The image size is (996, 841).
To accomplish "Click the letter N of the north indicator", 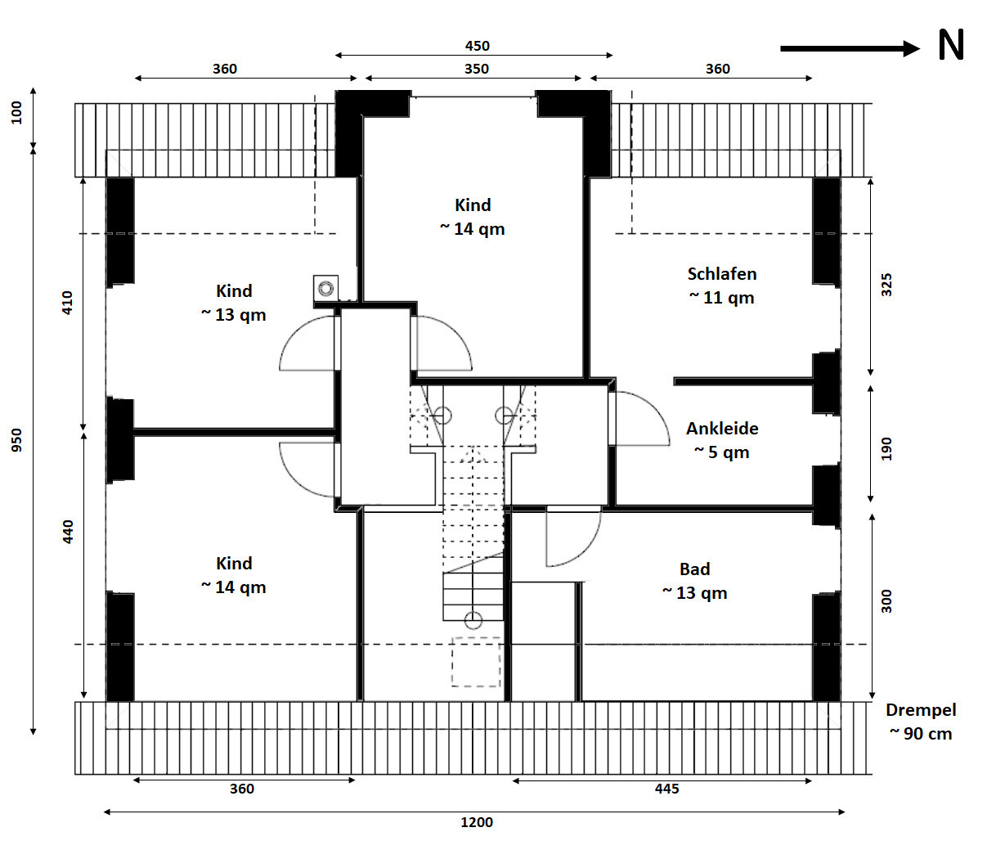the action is click(x=951, y=45).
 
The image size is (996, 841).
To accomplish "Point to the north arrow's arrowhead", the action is click(x=911, y=49).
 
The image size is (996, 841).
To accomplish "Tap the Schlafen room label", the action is click(x=722, y=274).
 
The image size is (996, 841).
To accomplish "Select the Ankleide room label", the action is click(x=722, y=429).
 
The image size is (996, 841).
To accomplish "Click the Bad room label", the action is click(x=694, y=569).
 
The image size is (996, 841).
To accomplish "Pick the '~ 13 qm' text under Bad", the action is click(x=694, y=593).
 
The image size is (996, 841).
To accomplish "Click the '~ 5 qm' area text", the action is click(x=722, y=452).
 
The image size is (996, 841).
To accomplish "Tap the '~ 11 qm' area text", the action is click(x=722, y=297).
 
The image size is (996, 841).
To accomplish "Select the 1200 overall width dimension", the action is click(x=477, y=822).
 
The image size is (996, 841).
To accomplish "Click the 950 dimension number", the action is click(x=16, y=440).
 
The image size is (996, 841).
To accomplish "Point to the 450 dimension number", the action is click(x=477, y=46).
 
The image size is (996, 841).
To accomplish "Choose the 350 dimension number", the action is click(x=477, y=69).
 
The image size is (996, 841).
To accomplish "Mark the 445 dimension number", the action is click(x=666, y=789).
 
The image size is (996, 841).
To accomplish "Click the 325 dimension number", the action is click(x=886, y=285).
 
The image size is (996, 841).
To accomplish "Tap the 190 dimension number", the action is click(x=886, y=448).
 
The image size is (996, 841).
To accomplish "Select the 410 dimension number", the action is click(x=67, y=303).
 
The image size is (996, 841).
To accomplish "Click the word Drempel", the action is click(x=921, y=710).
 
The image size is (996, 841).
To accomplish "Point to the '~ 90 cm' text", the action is click(x=921, y=734).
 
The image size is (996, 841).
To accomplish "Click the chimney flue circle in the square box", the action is click(x=326, y=288).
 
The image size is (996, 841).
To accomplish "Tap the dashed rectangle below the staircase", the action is click(x=476, y=662).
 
